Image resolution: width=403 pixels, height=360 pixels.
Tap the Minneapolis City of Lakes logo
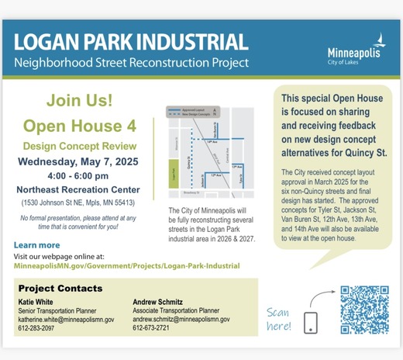click(x=354, y=50)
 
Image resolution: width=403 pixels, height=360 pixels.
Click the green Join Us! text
click(x=78, y=101)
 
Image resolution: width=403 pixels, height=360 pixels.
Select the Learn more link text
click(x=36, y=245)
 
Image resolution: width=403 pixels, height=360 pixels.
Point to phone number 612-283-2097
click(x=37, y=328)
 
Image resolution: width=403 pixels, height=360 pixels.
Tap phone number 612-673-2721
click(x=152, y=328)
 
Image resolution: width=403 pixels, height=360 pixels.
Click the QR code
click(x=364, y=310)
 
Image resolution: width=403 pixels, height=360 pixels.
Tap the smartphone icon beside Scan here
click(x=310, y=322)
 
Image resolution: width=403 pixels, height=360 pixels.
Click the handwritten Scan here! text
click(x=278, y=319)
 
